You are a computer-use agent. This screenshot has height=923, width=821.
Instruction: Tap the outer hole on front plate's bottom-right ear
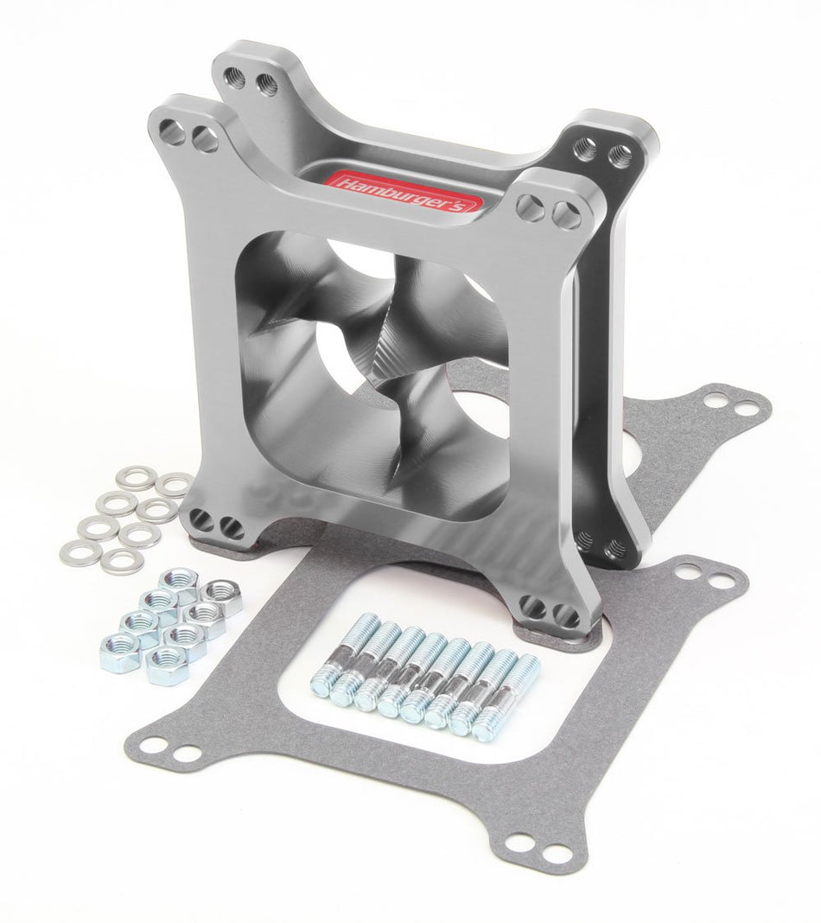[568, 616]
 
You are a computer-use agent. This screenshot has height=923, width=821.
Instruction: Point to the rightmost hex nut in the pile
[224, 597]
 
